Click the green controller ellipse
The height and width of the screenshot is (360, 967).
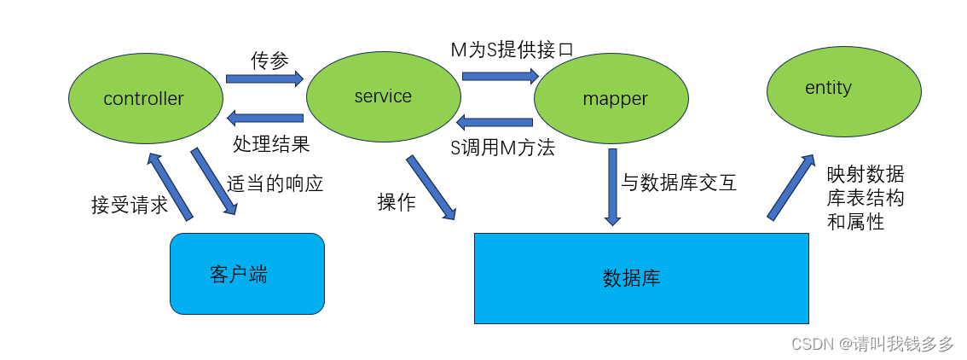click(x=143, y=99)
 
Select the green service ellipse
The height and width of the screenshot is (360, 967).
click(x=383, y=96)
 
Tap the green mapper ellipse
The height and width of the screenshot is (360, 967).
click(x=611, y=99)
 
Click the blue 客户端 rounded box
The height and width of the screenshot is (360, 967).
click(x=247, y=274)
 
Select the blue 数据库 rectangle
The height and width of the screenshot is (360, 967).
click(x=640, y=278)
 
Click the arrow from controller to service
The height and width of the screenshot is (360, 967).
click(x=264, y=78)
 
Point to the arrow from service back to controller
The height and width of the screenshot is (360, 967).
click(x=264, y=118)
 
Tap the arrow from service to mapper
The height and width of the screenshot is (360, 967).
click(x=501, y=76)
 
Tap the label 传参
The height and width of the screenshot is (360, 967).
click(x=269, y=60)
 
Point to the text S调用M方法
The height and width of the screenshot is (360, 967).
click(x=502, y=148)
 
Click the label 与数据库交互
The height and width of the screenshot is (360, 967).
click(x=679, y=182)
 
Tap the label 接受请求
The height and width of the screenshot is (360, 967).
click(x=130, y=206)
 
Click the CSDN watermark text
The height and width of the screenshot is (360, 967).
click(x=872, y=344)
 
